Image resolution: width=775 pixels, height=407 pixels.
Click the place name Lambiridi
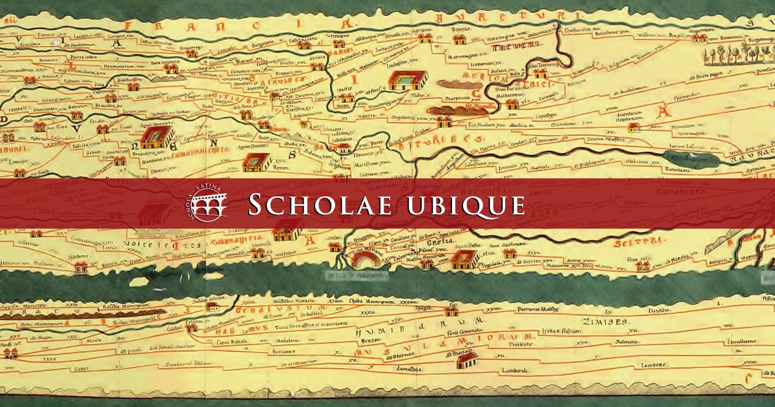point(514,370)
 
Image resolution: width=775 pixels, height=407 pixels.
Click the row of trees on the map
point(736,54)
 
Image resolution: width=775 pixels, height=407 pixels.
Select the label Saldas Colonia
point(222,298)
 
